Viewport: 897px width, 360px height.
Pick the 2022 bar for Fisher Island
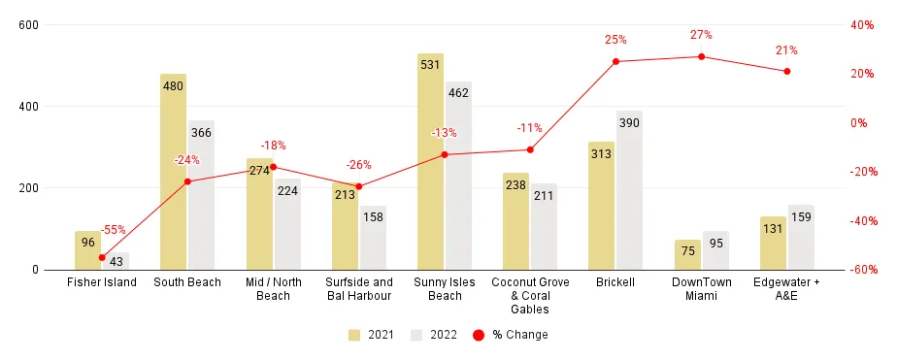coord(116,261)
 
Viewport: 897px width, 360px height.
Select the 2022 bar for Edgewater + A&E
coord(801,237)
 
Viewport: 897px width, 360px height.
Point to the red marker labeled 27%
coord(701,56)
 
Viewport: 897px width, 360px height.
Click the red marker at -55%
coord(102,257)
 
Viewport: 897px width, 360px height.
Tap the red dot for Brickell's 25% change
coord(615,61)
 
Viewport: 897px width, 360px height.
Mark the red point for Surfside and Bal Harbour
coord(358,186)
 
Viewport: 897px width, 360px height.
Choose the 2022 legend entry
coord(435,335)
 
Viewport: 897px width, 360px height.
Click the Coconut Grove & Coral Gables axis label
coord(530,295)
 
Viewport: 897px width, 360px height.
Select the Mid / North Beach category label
coord(273,288)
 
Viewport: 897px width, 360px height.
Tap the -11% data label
coord(530,127)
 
